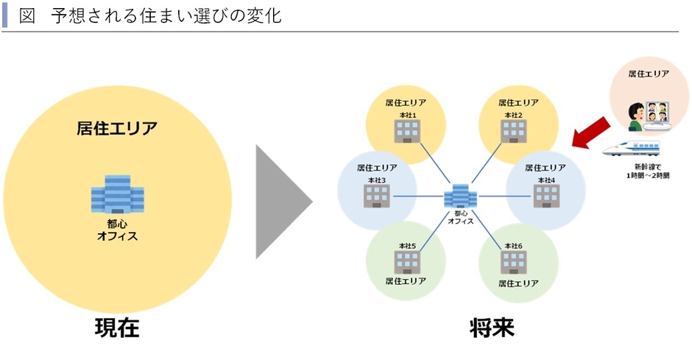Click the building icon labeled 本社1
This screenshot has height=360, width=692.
pyautogui.click(x=406, y=131)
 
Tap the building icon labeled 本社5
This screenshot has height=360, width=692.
pyautogui.click(x=406, y=261)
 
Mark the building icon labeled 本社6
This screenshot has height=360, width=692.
pyautogui.click(x=514, y=261)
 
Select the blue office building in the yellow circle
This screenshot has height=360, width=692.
pyautogui.click(x=117, y=197)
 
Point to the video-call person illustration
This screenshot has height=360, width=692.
pyautogui.click(x=649, y=115)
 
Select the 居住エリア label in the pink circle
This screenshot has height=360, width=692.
pyautogui.click(x=649, y=74)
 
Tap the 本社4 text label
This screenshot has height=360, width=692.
pyautogui.click(x=546, y=180)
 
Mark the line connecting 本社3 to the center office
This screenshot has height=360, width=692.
pyautogui.click(x=417, y=196)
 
